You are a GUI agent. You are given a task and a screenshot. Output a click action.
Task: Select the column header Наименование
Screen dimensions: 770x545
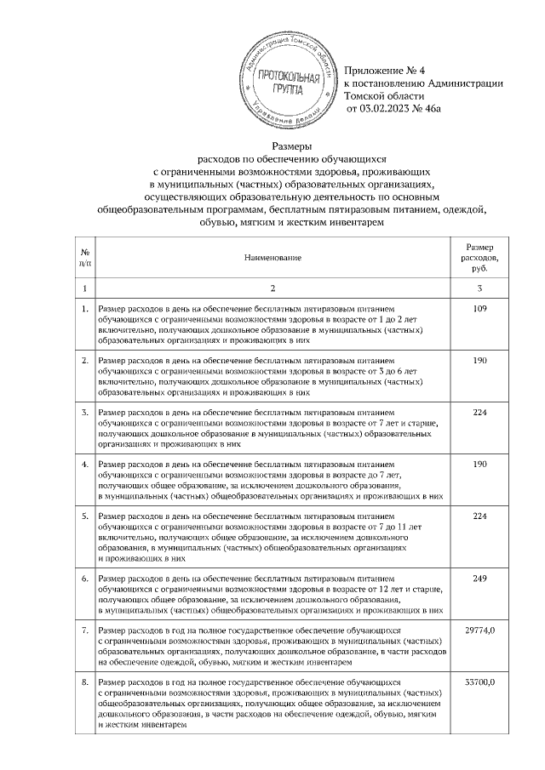272,256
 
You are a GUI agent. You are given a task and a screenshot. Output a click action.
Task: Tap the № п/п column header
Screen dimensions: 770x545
85,256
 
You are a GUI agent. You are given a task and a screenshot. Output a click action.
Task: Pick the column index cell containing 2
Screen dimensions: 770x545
272,290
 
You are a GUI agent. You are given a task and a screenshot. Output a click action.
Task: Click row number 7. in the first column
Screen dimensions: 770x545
85,630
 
